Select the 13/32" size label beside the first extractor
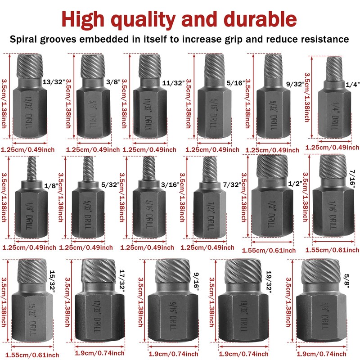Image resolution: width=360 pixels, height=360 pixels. click(51, 82)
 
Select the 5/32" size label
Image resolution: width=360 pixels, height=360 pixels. click(110, 184)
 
